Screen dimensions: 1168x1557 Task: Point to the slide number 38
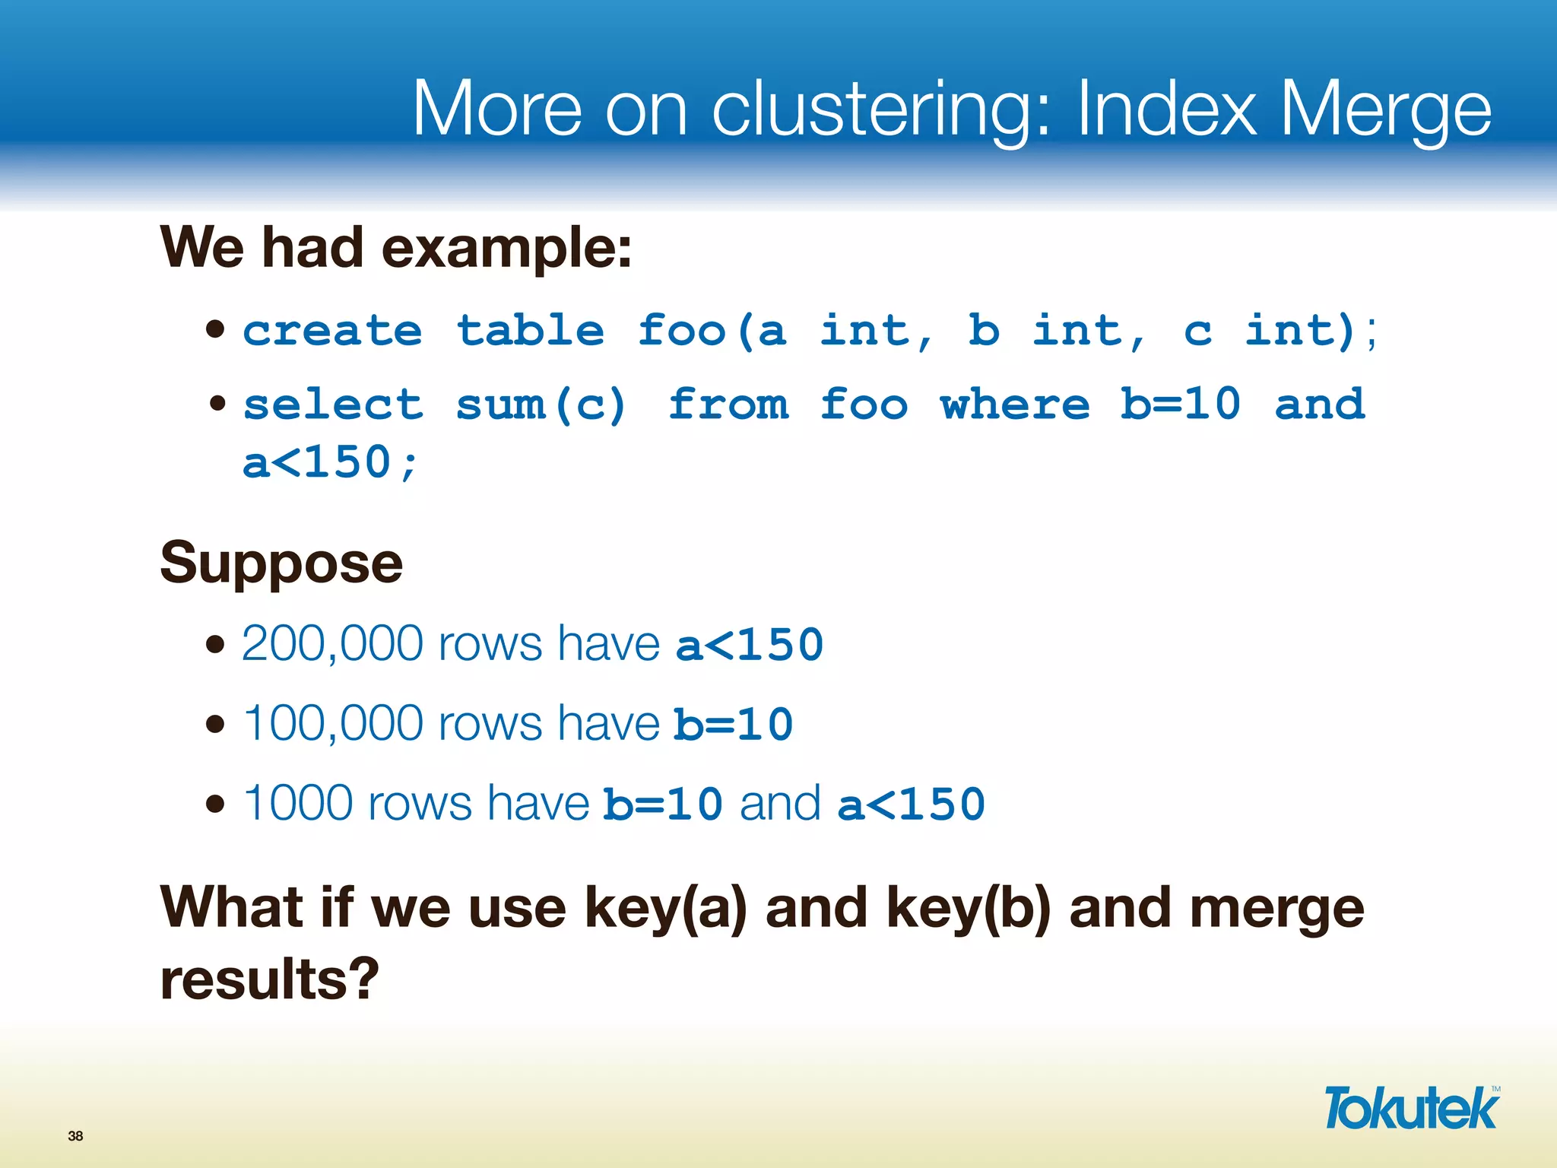pyautogui.click(x=75, y=1136)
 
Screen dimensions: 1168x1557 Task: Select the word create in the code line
pyautogui.click(x=332, y=332)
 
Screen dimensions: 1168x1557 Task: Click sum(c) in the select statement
pyautogui.click(x=541, y=405)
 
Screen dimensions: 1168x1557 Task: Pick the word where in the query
pyautogui.click(x=1015, y=405)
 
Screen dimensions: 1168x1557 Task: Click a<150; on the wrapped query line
pyautogui.click(x=330, y=462)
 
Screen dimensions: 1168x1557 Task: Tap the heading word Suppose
pyautogui.click(x=281, y=563)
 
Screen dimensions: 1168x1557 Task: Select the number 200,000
pyautogui.click(x=331, y=644)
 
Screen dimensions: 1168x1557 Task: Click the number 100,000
pyautogui.click(x=331, y=723)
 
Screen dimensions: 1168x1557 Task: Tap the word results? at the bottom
pyautogui.click(x=269, y=979)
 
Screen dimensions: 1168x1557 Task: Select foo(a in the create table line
pyautogui.click(x=712, y=332)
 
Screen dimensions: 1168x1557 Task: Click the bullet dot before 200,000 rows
pyautogui.click(x=216, y=645)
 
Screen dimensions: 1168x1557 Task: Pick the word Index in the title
pyautogui.click(x=1167, y=110)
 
